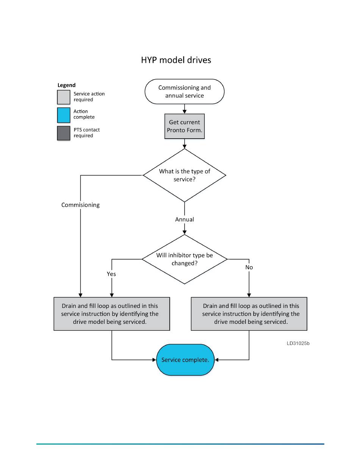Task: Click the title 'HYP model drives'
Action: tap(176, 60)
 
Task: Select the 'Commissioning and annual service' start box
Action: tap(184, 92)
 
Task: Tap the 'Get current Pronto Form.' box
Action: tap(184, 126)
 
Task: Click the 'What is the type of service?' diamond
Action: tap(184, 175)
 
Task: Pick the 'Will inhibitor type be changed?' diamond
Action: tap(184, 259)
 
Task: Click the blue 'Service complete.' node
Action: tap(185, 360)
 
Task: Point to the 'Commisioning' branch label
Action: tap(80, 205)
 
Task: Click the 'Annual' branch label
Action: tap(184, 219)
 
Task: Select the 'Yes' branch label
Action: tap(111, 274)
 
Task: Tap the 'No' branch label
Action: tap(249, 267)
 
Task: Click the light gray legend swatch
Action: tap(64, 97)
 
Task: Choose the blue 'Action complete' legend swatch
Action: tap(64, 115)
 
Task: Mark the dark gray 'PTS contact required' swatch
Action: tap(64, 133)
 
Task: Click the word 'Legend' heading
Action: tap(66, 85)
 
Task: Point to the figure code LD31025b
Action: tap(298, 343)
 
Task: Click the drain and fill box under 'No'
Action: tap(249, 314)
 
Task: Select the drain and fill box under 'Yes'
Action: tap(112, 314)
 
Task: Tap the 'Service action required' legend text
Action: tap(89, 97)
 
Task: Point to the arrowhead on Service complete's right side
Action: tap(216, 360)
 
